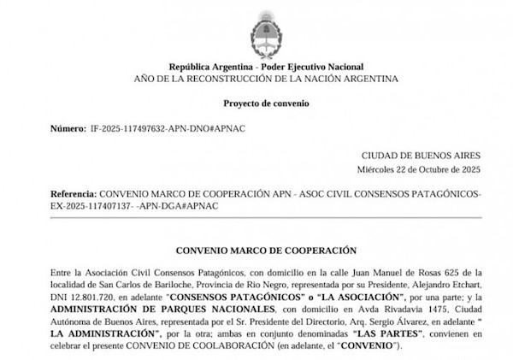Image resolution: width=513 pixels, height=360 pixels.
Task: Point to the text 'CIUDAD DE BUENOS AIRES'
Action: (422, 156)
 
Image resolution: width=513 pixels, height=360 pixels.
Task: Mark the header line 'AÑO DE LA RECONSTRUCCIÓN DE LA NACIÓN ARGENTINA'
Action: (266, 79)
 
